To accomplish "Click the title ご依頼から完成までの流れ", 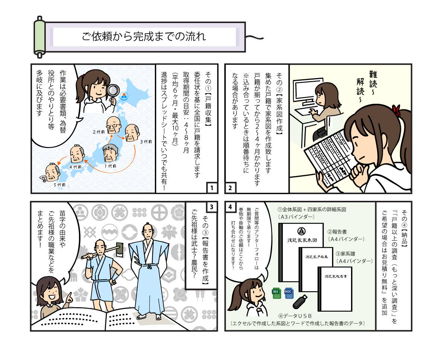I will point(143,37).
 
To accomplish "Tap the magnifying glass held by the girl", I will point(112,91).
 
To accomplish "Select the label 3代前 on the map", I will point(146,142).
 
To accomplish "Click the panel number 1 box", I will point(212,188).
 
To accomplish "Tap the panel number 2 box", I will point(230,188).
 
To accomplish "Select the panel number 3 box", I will point(211,207).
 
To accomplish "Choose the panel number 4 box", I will point(230,207).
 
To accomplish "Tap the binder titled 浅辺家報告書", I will point(335,288).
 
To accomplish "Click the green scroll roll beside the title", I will point(39,37).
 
